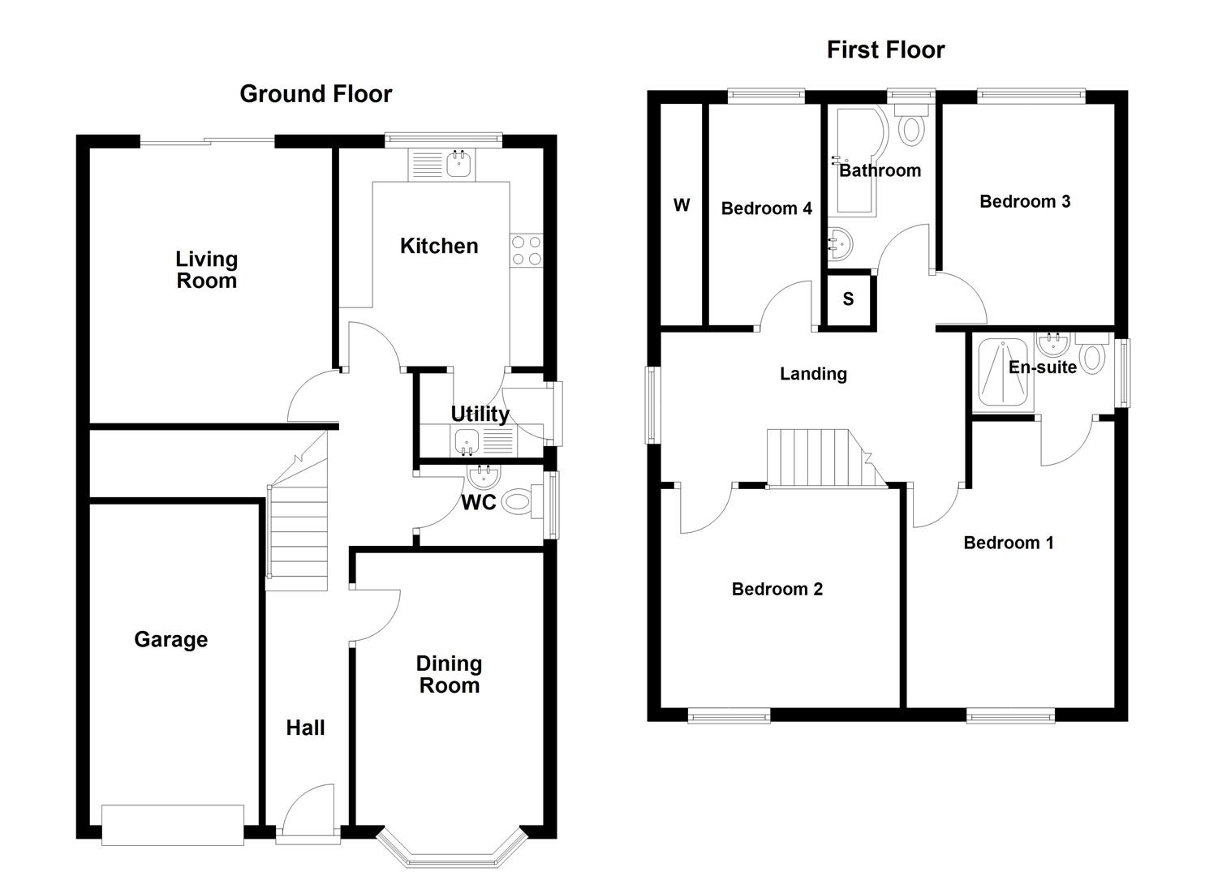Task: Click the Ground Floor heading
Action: tap(316, 94)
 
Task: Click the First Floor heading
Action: tap(885, 49)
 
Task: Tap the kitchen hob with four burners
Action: tap(526, 250)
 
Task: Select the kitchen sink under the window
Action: tap(459, 165)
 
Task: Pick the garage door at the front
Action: tap(172, 825)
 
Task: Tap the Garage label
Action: tap(170, 640)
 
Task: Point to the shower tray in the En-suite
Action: tap(1005, 372)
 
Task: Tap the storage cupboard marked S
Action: tap(848, 299)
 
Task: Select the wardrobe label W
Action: tap(682, 205)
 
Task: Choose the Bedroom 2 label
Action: tap(777, 590)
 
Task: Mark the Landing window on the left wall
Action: tap(651, 405)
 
